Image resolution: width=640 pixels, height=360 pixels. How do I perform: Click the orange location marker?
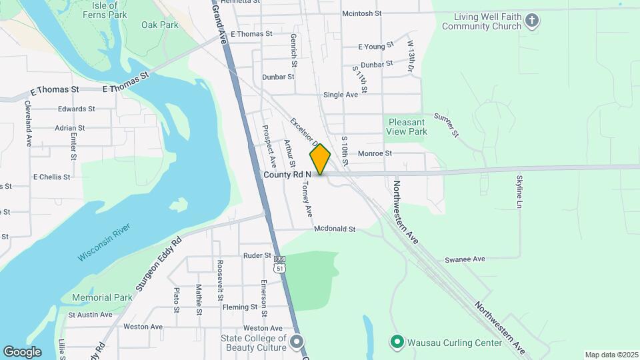(x=320, y=159)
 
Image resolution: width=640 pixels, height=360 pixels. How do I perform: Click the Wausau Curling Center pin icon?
(x=397, y=343)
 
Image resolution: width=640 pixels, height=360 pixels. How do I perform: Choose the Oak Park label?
(x=160, y=25)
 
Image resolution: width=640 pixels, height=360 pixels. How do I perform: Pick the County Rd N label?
(x=287, y=175)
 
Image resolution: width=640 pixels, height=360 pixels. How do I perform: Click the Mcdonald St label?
(x=335, y=229)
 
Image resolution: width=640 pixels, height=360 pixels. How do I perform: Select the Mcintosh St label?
(x=361, y=13)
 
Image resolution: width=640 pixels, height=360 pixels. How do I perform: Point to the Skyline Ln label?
(x=519, y=191)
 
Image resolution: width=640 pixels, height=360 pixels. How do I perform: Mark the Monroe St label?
(x=375, y=153)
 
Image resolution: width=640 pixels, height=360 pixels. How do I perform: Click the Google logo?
(x=22, y=352)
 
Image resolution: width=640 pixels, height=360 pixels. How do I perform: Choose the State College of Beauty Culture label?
(x=253, y=343)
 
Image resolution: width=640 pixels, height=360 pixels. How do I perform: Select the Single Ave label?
(x=340, y=95)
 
